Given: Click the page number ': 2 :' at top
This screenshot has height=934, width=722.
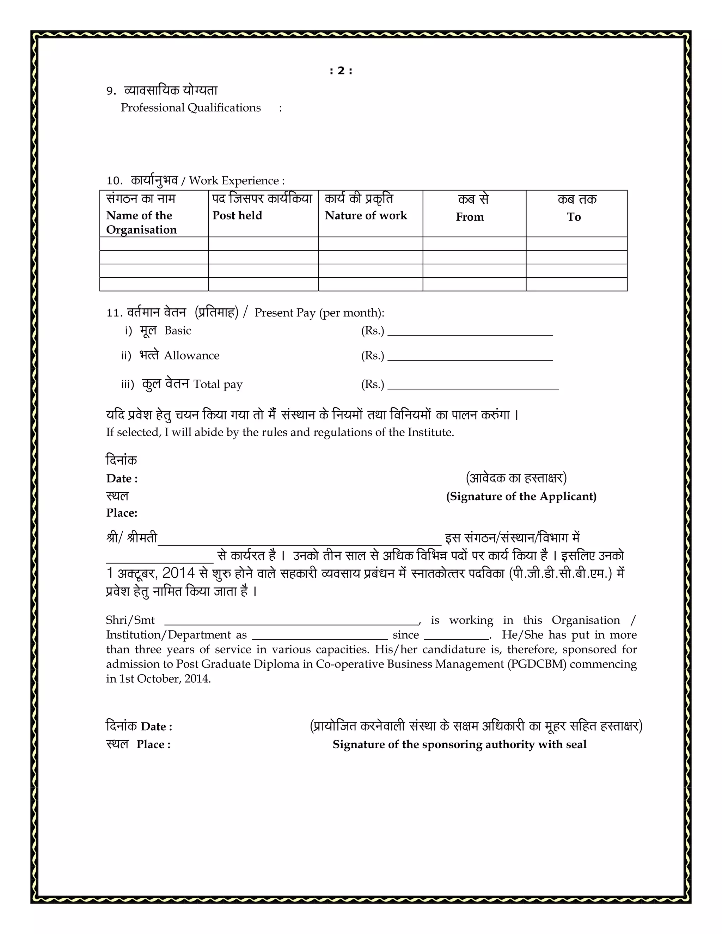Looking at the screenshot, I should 341,71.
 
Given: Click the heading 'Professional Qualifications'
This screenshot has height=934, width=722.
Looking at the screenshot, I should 190,108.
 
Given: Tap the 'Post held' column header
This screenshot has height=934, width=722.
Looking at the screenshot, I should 237,216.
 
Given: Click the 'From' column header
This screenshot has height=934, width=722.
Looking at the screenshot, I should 470,217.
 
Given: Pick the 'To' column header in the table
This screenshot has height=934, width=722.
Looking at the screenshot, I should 574,217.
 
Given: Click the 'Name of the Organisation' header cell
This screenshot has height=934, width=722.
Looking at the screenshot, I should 141,222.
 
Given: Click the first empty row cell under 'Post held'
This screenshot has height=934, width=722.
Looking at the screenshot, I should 263,244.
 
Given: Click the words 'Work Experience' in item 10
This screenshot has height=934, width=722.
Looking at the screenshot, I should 234,181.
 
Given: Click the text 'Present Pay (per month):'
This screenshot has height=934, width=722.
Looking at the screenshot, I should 319,313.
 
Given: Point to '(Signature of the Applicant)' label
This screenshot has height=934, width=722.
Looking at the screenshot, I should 521,497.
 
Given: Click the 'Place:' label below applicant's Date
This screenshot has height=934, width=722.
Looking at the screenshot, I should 122,513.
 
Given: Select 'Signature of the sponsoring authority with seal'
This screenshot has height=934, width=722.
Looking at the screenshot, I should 459,744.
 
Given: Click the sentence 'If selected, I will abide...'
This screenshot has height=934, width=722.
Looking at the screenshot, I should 280,432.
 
